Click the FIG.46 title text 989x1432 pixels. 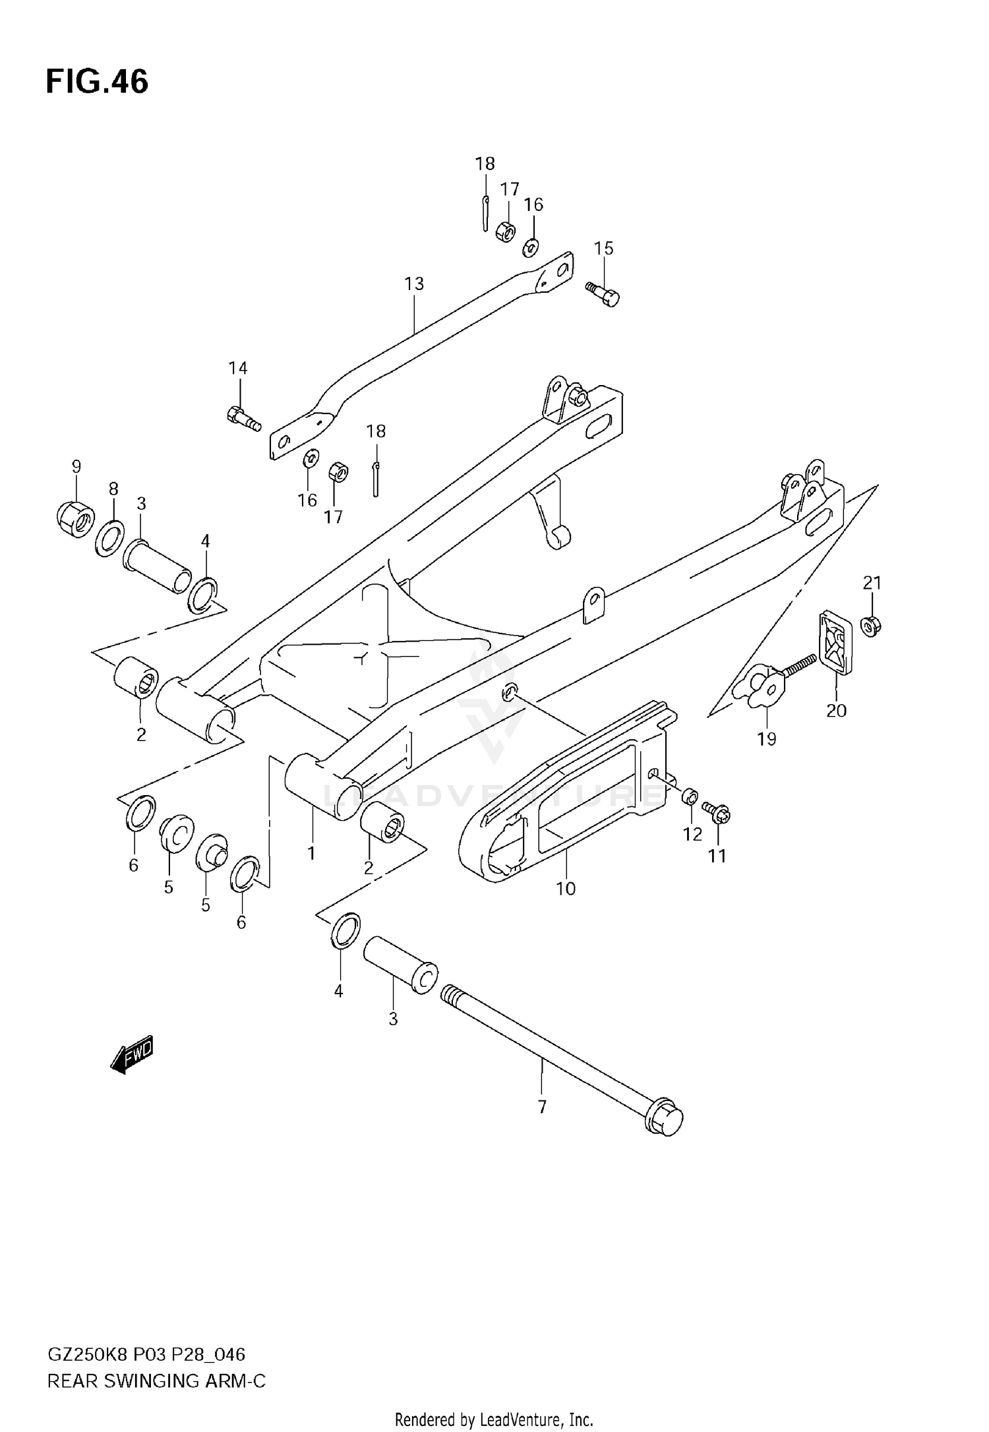[x=97, y=82]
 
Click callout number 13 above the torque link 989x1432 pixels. [x=414, y=284]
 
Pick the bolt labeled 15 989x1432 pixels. [x=603, y=294]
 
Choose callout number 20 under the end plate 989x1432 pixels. [x=836, y=710]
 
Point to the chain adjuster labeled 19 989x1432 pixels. [x=764, y=688]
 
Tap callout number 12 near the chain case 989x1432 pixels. [x=692, y=834]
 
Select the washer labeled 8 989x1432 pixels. [x=110, y=538]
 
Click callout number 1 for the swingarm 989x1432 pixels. [x=311, y=853]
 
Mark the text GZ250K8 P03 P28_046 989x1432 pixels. [x=146, y=1355]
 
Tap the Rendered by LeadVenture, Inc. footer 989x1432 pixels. [x=494, y=1419]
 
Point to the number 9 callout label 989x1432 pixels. [x=76, y=467]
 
